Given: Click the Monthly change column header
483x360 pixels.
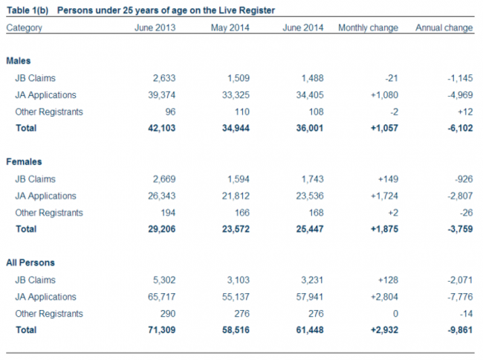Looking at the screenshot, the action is click(x=368, y=28).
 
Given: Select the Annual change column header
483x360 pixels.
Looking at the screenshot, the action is click(x=444, y=28).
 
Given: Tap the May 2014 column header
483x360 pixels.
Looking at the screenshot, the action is click(x=230, y=28).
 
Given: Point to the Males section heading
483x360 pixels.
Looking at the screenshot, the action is click(x=19, y=61).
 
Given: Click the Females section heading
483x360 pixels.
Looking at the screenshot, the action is click(x=24, y=162).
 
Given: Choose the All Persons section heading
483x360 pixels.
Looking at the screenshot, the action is click(x=30, y=263).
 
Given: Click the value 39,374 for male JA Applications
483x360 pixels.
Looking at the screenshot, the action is click(x=162, y=95).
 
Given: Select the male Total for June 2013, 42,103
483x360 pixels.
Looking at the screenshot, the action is click(x=162, y=128).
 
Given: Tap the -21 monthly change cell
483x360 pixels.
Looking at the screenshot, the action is click(x=392, y=78).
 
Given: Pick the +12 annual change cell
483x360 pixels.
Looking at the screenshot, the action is click(x=465, y=112).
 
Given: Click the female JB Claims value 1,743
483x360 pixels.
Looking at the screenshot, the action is click(x=312, y=179).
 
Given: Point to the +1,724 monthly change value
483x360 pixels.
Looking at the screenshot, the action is click(x=384, y=196).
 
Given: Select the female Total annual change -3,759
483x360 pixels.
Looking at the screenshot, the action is click(x=460, y=229).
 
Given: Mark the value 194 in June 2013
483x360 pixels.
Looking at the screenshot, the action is click(x=168, y=213).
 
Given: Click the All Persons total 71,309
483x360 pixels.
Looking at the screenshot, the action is click(x=162, y=330).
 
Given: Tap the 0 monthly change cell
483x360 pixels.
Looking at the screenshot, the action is click(x=395, y=314).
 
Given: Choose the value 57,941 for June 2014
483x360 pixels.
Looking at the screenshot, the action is click(x=310, y=297).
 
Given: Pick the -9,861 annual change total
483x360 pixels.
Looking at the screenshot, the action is click(x=460, y=330).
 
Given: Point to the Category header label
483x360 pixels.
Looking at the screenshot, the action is click(x=24, y=28).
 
